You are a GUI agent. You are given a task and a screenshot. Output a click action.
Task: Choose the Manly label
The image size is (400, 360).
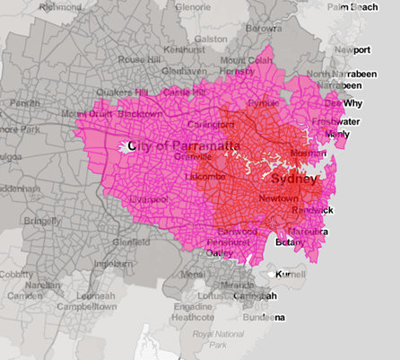click(337, 135)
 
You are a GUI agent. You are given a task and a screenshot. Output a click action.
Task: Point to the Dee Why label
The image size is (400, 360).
click(347, 103)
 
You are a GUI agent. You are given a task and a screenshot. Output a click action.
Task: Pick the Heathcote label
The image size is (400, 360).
click(193, 317)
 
